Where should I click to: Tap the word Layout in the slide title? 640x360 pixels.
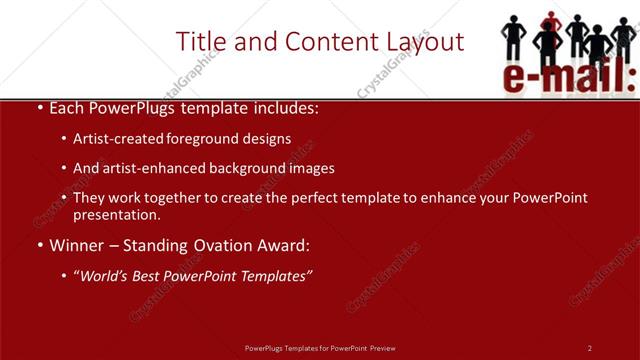(418, 42)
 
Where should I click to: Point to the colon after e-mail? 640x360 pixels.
(630, 78)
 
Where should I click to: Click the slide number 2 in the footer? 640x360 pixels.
(589, 348)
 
